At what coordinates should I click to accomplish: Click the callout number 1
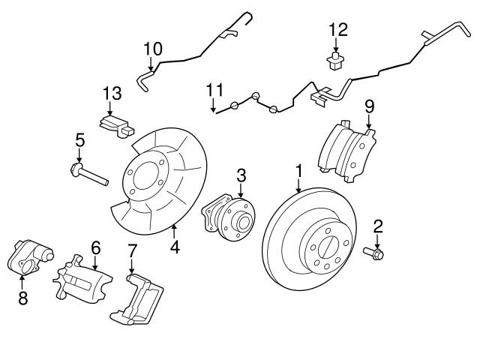pos(298,172)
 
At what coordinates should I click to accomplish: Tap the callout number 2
pos(378,224)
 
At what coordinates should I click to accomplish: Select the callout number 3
pos(241,175)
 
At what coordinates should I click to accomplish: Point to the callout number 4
pos(174,245)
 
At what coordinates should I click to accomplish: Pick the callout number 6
pos(95,246)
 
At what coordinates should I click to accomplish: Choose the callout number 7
pos(132,250)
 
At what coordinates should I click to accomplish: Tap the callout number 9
pos(369,106)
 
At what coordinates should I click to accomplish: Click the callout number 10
pos(152,49)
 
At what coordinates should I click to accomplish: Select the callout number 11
pos(214,91)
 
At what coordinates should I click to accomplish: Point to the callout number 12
pos(338,30)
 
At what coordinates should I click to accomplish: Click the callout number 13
pos(112,94)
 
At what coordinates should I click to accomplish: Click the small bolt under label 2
pos(373,253)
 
